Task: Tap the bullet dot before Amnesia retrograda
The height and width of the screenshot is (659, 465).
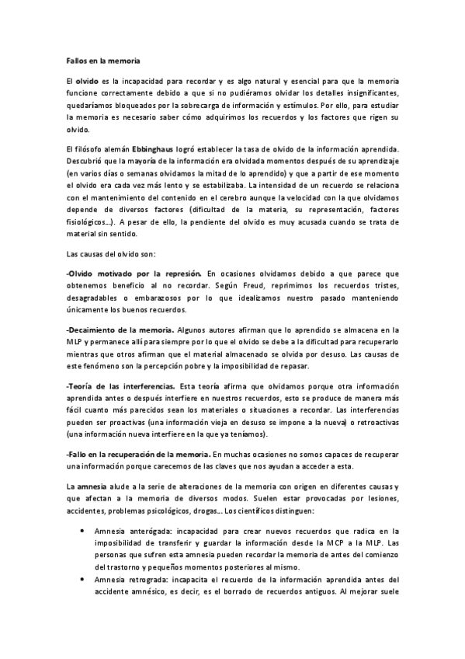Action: [x=83, y=579]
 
